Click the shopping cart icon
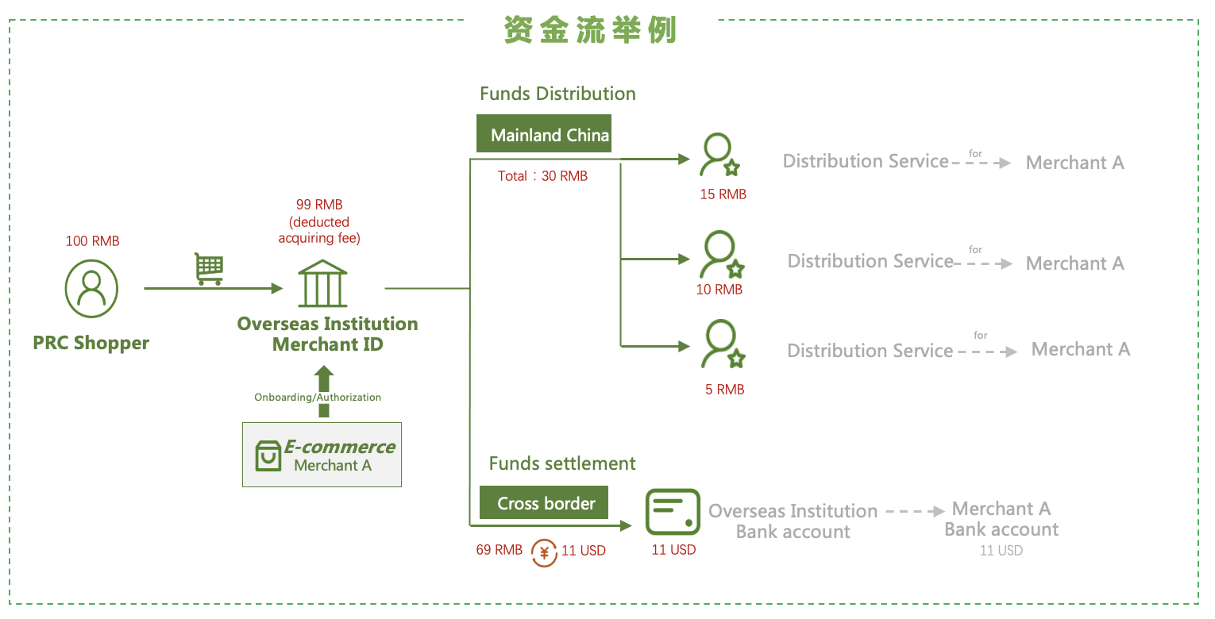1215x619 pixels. coord(209,269)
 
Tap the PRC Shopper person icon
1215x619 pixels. coord(92,289)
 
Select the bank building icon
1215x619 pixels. coord(322,283)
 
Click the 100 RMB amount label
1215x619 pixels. coord(92,240)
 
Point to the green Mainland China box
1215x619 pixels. coord(550,135)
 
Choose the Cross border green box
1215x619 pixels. coord(546,503)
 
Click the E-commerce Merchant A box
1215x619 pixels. coord(322,455)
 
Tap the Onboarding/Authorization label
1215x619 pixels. coord(318,397)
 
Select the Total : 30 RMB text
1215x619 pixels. coord(542,176)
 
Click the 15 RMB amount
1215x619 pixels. coord(723,194)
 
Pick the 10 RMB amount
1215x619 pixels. coord(719,290)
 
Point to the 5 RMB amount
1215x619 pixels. coord(724,390)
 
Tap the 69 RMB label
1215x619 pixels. coord(499,550)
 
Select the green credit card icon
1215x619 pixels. coord(673,512)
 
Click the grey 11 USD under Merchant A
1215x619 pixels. coord(1001,550)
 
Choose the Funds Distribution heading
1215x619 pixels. coord(557,94)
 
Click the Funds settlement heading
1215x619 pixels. coord(562,463)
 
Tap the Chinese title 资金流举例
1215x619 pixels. coord(590,30)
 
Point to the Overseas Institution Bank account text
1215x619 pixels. coord(793,521)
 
